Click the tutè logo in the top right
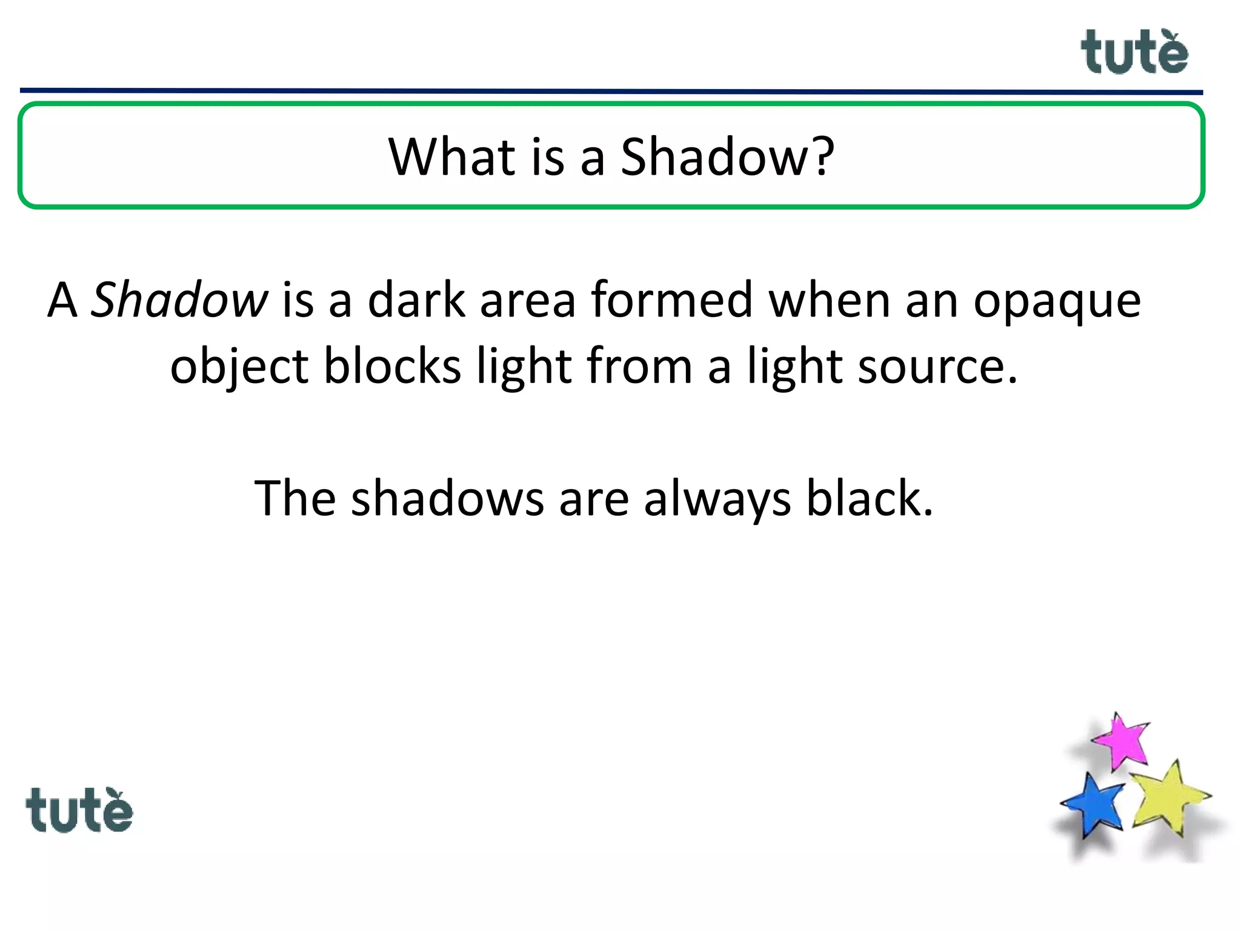1134,53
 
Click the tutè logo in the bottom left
79,811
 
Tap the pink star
1122,741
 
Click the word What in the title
451,156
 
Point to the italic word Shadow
179,299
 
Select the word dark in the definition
416,299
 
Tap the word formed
671,299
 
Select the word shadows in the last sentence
447,498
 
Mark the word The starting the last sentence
295,498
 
